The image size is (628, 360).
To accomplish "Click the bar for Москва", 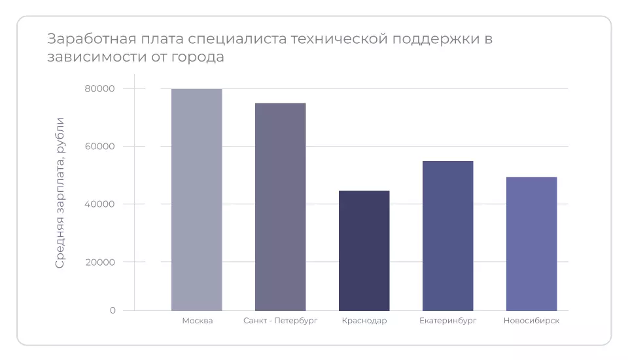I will tap(196, 200).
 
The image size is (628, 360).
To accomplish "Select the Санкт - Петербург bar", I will tap(280, 207).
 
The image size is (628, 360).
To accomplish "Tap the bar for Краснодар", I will tap(364, 251).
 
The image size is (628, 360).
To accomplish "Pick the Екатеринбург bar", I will tap(447, 236).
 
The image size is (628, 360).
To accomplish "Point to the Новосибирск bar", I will tap(531, 243).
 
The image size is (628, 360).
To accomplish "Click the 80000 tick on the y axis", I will tap(99, 89).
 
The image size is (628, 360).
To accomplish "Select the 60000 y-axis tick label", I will tap(99, 147).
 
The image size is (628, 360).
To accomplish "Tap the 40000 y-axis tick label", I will tap(99, 204).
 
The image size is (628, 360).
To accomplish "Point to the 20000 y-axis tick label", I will tap(99, 262).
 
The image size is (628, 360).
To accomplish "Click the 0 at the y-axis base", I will tap(113, 310).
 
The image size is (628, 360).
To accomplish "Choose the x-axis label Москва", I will tap(197, 321).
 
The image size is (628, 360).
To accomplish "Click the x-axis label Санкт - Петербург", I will tap(280, 321).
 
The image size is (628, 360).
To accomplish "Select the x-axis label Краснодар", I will tap(364, 321).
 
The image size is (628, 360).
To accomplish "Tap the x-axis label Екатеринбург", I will tap(447, 321).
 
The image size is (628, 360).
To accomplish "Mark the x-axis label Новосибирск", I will tap(531, 321).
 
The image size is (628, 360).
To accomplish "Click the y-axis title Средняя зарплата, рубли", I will tap(60, 192).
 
